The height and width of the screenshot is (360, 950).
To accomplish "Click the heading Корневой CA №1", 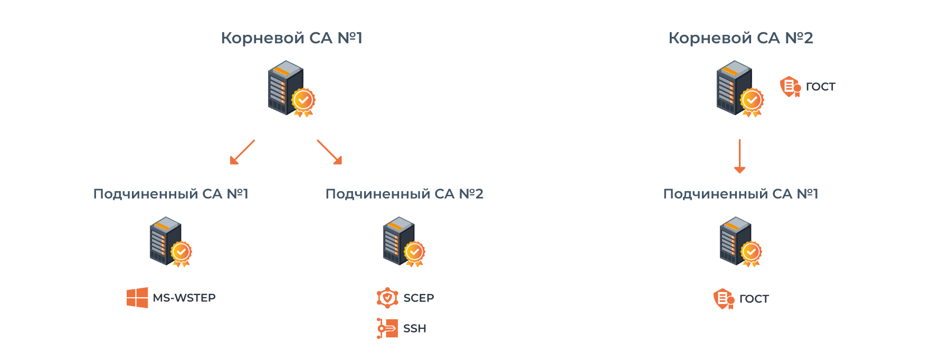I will coord(291,38).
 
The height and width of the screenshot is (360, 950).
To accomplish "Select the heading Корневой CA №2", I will coord(740,38).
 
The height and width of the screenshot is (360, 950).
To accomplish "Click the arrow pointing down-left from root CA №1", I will coord(242,152).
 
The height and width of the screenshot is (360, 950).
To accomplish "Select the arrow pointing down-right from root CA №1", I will coord(330,152).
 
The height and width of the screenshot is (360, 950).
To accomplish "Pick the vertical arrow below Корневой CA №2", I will coord(739,156).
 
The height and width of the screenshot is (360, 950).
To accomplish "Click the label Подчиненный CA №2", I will coord(404,194).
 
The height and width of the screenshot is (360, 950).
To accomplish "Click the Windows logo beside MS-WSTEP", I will coord(137,298).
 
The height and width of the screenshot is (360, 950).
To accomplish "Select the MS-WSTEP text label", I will coord(184,298).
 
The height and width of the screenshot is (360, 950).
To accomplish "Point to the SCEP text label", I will coord(419,298).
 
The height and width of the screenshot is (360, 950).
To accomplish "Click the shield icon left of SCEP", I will coord(387,298).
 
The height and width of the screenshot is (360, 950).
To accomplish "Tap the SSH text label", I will coord(414,328).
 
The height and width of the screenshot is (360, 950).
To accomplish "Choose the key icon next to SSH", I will coord(387,328).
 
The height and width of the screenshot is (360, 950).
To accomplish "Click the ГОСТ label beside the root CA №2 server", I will coord(821,87).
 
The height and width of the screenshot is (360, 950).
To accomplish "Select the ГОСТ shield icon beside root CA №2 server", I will coord(790,87).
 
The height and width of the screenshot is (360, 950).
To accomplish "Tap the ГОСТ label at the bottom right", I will coord(754,299).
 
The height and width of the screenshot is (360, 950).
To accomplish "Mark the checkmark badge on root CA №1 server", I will coord(303,99).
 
